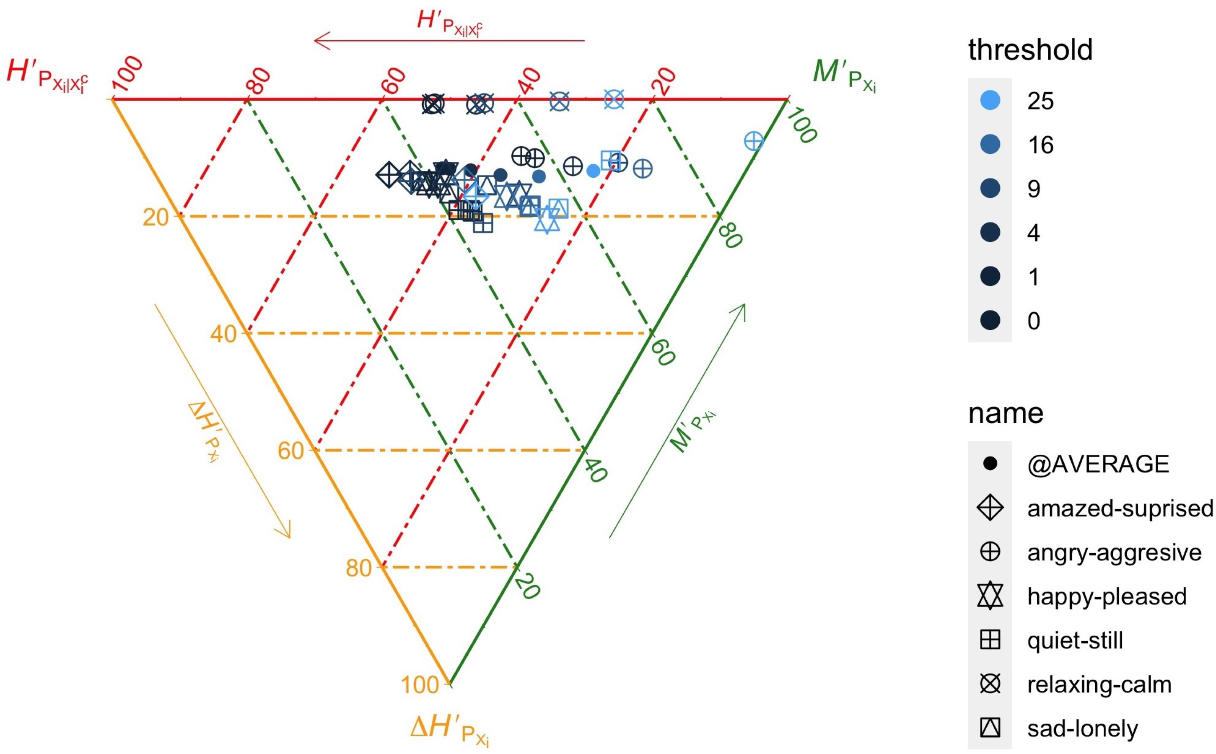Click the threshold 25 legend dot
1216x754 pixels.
click(x=990, y=101)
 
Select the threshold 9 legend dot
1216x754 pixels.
click(x=990, y=189)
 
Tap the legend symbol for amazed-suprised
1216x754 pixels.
click(x=990, y=508)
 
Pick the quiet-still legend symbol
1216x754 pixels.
click(x=990, y=640)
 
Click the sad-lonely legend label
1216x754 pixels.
click(x=1082, y=728)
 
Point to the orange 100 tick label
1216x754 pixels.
click(x=420, y=685)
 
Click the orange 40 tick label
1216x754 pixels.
click(x=223, y=334)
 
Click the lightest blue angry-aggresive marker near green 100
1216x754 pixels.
click(x=753, y=141)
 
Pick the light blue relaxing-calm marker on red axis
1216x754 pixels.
click(x=614, y=99)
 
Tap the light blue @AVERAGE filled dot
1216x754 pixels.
click(x=593, y=171)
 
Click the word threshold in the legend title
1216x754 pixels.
click(x=1030, y=50)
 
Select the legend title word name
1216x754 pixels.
click(x=1006, y=413)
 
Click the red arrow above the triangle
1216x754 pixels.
click(x=449, y=40)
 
